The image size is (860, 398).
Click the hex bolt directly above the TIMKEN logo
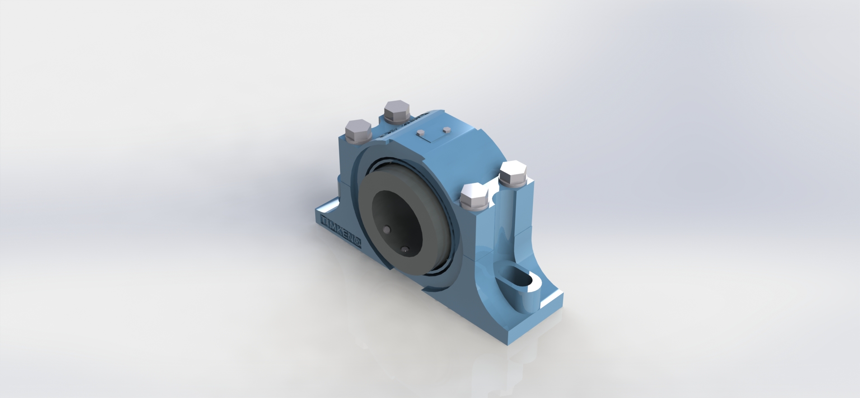click(358, 131)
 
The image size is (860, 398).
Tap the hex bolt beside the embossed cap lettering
click(397, 112)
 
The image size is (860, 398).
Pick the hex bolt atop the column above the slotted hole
click(513, 173)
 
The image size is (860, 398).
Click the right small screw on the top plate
click(447, 130)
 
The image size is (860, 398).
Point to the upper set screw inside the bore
click(387, 230)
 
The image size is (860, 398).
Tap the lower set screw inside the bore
click(405, 249)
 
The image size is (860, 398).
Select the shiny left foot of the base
click(326, 210)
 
